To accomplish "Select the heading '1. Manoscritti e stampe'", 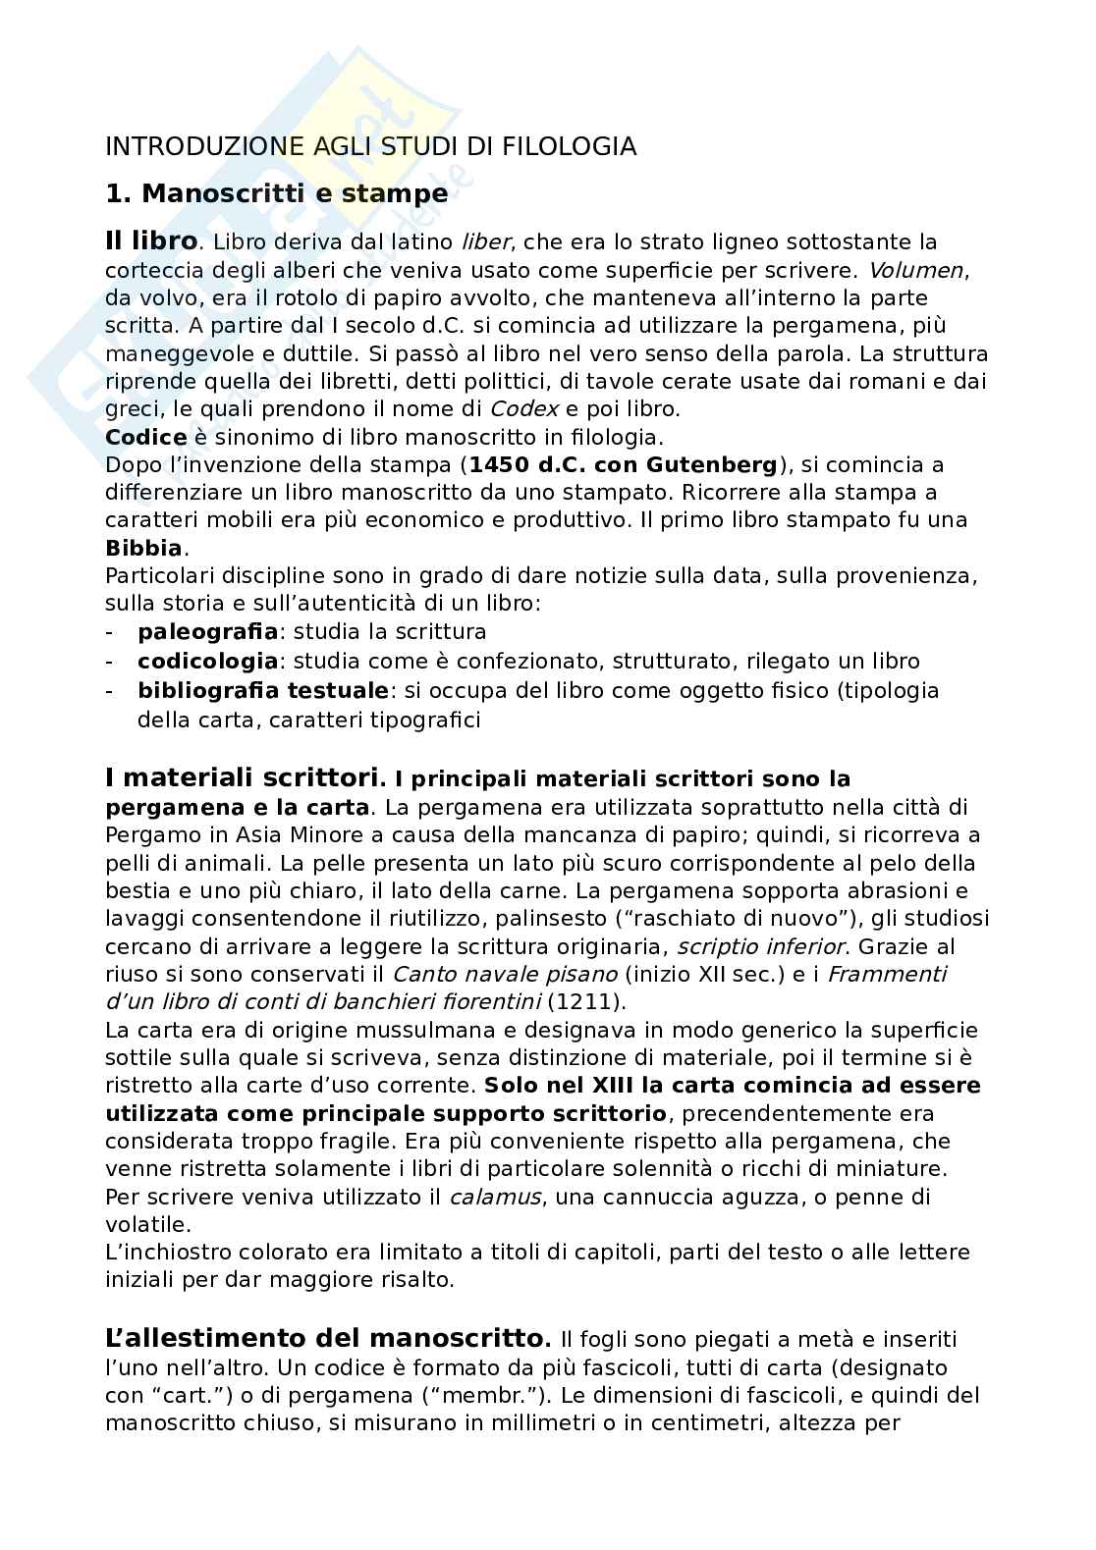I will (276, 193).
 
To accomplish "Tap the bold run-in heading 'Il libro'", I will (151, 241).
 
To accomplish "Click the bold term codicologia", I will (208, 662).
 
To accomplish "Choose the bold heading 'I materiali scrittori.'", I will (245, 779).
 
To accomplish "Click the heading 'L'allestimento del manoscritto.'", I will (328, 1338).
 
